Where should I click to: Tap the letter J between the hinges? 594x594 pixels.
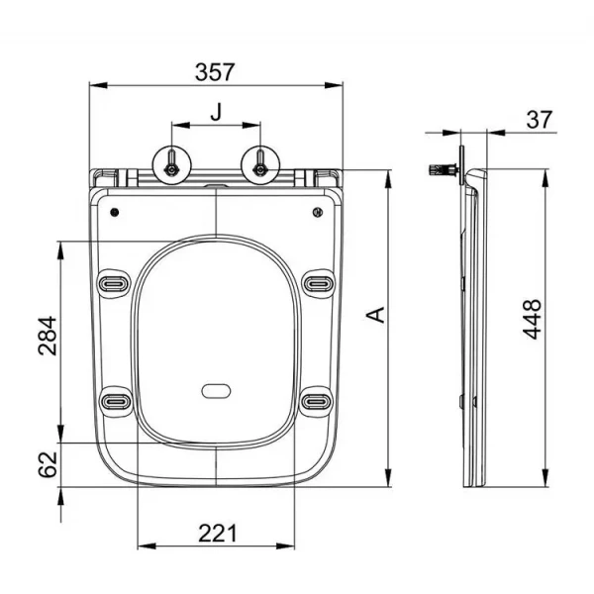click(216, 112)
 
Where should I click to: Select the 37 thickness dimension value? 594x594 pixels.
click(539, 120)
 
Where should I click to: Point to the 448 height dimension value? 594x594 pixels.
click(532, 319)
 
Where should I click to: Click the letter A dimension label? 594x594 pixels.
click(375, 315)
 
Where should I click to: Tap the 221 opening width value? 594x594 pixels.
click(218, 533)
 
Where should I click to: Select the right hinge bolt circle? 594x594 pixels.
click(259, 162)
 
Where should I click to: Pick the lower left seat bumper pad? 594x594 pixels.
click(115, 401)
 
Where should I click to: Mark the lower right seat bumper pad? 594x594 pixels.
click(317, 401)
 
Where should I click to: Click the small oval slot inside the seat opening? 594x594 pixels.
click(216, 390)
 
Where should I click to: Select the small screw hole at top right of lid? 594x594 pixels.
click(316, 212)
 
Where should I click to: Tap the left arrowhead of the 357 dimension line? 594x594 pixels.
click(95, 86)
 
